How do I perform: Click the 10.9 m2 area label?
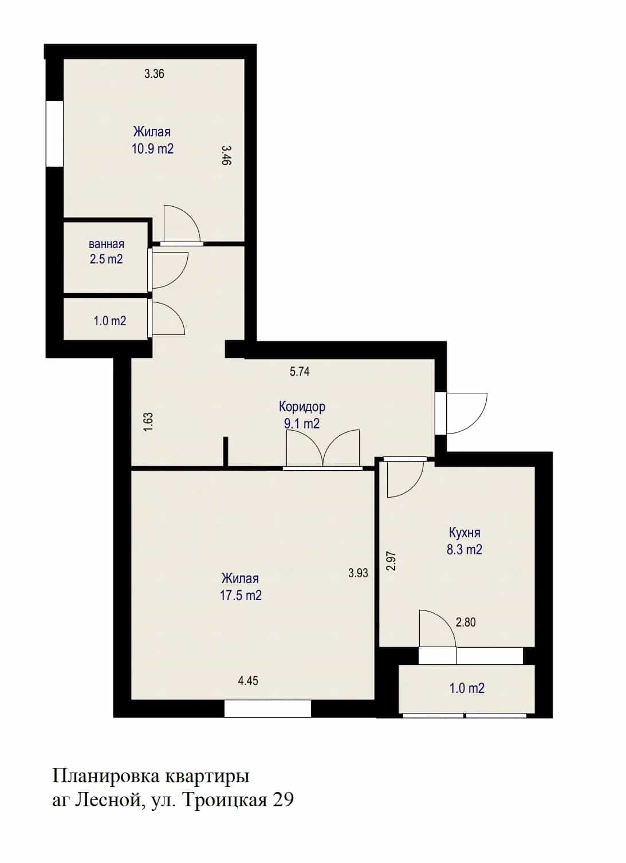click(x=152, y=149)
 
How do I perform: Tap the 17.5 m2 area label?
click(x=241, y=596)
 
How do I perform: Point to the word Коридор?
click(x=302, y=407)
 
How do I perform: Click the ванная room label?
click(x=107, y=244)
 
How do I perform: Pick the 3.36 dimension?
click(x=155, y=73)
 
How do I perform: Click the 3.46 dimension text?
click(x=226, y=155)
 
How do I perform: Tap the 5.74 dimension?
click(x=300, y=372)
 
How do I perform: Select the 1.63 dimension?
click(x=149, y=422)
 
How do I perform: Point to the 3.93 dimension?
click(x=359, y=573)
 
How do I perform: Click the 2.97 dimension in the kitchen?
click(x=391, y=561)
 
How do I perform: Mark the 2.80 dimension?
click(x=466, y=622)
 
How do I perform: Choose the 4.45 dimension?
click(x=248, y=681)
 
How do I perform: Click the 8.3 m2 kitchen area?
click(x=464, y=549)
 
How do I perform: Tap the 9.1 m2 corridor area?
click(x=302, y=424)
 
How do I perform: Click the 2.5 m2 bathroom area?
click(x=107, y=259)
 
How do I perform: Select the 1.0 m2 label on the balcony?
click(x=467, y=688)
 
